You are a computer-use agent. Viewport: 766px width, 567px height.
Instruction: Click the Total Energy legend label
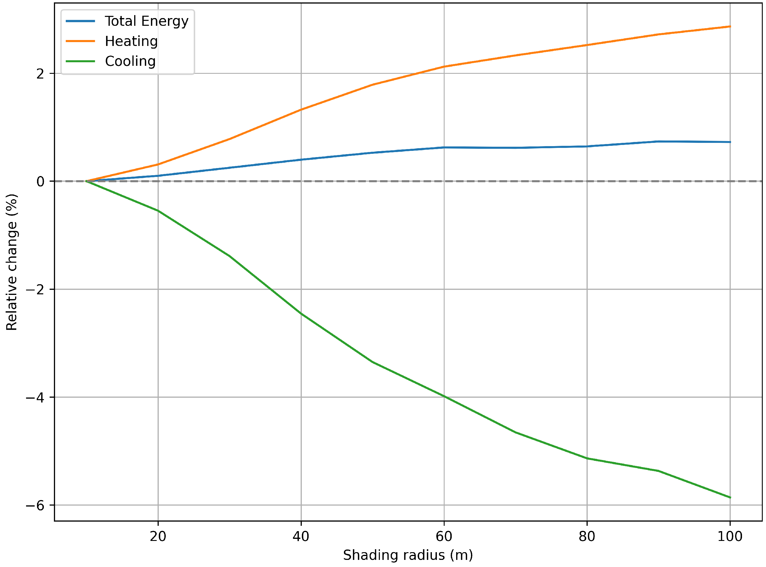tap(147, 21)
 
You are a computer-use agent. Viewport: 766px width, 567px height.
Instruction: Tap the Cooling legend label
tap(130, 61)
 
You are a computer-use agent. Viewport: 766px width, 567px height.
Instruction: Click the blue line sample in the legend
tap(80, 21)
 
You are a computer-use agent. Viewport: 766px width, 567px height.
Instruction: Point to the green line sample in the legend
tap(80, 61)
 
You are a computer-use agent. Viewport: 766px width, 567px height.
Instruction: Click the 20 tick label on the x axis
tap(158, 536)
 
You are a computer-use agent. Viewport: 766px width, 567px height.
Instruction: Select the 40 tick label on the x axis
tap(301, 536)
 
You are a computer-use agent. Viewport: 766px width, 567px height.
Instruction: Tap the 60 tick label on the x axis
tap(444, 536)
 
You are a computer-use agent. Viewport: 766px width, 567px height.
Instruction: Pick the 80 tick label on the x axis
tap(587, 536)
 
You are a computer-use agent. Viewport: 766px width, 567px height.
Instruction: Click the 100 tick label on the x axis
tap(730, 536)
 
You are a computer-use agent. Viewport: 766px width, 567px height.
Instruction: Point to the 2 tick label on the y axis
tap(41, 74)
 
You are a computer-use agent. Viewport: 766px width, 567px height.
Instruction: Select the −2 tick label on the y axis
tap(35, 289)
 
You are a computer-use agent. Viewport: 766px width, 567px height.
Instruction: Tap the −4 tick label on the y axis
tap(35, 397)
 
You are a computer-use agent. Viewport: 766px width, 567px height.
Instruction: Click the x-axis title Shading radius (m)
tap(408, 556)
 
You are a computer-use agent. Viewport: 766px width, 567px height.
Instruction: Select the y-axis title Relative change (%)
tap(12, 262)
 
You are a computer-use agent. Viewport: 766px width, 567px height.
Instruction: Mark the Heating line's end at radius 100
tap(730, 26)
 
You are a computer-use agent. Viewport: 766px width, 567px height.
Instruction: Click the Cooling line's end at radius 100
tap(730, 497)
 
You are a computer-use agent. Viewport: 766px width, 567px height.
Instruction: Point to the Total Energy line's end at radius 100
tap(730, 142)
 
